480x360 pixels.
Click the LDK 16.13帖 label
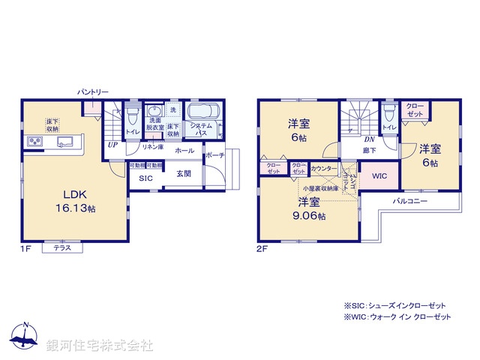tap(73, 199)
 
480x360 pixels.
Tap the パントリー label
tap(93, 91)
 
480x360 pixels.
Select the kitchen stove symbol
tap(35, 141)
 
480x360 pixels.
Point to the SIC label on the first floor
tap(144, 178)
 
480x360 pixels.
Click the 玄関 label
tap(184, 174)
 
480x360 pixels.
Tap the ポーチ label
tap(214, 155)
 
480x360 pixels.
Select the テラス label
tap(62, 248)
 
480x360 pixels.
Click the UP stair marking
tap(112, 145)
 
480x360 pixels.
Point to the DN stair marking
tap(369, 139)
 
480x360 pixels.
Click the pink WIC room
tap(379, 176)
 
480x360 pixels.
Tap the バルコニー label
tap(409, 202)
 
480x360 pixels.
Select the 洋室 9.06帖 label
tap(309, 208)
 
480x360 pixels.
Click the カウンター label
tap(323, 169)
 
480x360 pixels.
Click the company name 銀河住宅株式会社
tap(100, 346)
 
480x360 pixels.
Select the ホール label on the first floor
tap(184, 151)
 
